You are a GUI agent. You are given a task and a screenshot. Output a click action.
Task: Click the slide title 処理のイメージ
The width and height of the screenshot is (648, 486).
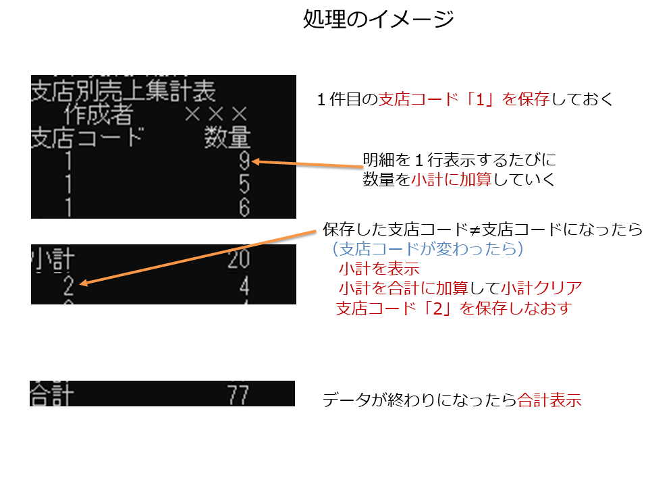pos(379,19)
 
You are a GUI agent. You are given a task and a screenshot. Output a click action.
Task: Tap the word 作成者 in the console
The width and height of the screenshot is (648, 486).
pos(99,115)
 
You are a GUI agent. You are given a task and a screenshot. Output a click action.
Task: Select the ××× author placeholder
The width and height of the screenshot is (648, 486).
pos(216,114)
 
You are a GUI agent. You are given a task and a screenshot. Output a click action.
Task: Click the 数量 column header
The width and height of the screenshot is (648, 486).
pos(227,137)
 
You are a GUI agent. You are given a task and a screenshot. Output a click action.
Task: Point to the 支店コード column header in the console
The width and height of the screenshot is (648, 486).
pos(88,138)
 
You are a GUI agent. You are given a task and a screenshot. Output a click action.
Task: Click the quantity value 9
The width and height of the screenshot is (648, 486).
pos(244,161)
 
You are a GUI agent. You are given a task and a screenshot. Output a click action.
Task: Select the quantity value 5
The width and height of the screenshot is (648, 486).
pos(244,184)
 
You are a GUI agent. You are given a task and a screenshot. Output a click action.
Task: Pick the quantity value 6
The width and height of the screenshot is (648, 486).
pos(244,207)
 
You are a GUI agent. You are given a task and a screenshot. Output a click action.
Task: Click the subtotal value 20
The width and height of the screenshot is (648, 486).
pos(239,259)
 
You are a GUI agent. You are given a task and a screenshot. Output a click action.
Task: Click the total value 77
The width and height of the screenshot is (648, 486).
pos(238,395)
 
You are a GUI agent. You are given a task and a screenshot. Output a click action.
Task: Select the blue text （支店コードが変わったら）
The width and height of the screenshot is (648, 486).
pos(428,249)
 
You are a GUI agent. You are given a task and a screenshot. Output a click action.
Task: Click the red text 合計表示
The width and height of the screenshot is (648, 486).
pos(549,400)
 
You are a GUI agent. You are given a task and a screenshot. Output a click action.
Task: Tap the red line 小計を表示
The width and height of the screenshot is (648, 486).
pos(379,269)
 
